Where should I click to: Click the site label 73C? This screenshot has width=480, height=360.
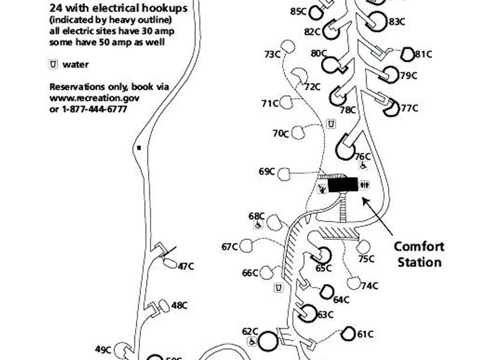coord(272,55)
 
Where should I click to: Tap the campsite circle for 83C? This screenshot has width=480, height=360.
coord(377,21)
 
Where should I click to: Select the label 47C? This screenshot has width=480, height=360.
coord(186,266)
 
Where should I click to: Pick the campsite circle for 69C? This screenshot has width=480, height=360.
coord(284,174)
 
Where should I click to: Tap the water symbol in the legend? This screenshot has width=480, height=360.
coord(53,65)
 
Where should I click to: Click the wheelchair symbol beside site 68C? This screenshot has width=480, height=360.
coord(257,225)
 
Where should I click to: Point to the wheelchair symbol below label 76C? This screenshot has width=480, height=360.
coord(364,166)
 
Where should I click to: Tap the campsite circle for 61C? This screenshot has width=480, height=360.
coord(349,333)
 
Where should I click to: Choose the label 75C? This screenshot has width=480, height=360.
coord(366,259)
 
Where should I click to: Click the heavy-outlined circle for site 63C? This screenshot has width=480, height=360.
coord(308,312)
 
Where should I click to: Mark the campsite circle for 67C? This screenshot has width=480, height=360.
coord(246,245)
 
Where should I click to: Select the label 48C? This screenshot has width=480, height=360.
coord(179,305)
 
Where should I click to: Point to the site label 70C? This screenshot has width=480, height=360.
coord(281,133)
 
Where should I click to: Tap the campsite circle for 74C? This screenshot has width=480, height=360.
coord(355,283)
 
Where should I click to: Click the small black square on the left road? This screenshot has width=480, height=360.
coord(139,147)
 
